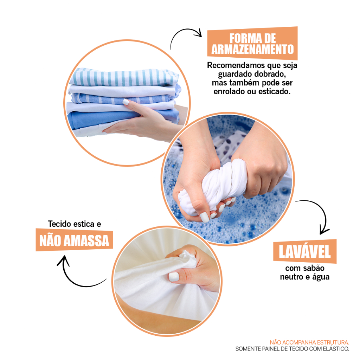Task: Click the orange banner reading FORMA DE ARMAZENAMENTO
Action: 252,43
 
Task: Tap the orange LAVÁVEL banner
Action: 305,251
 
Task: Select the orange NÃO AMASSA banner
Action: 74,240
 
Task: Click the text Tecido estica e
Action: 75,224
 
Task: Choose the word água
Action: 321,277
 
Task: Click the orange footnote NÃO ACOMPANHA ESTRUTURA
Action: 309,342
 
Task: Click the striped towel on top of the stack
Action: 124,77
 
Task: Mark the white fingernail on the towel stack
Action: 126,102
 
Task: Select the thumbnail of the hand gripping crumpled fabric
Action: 174,277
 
